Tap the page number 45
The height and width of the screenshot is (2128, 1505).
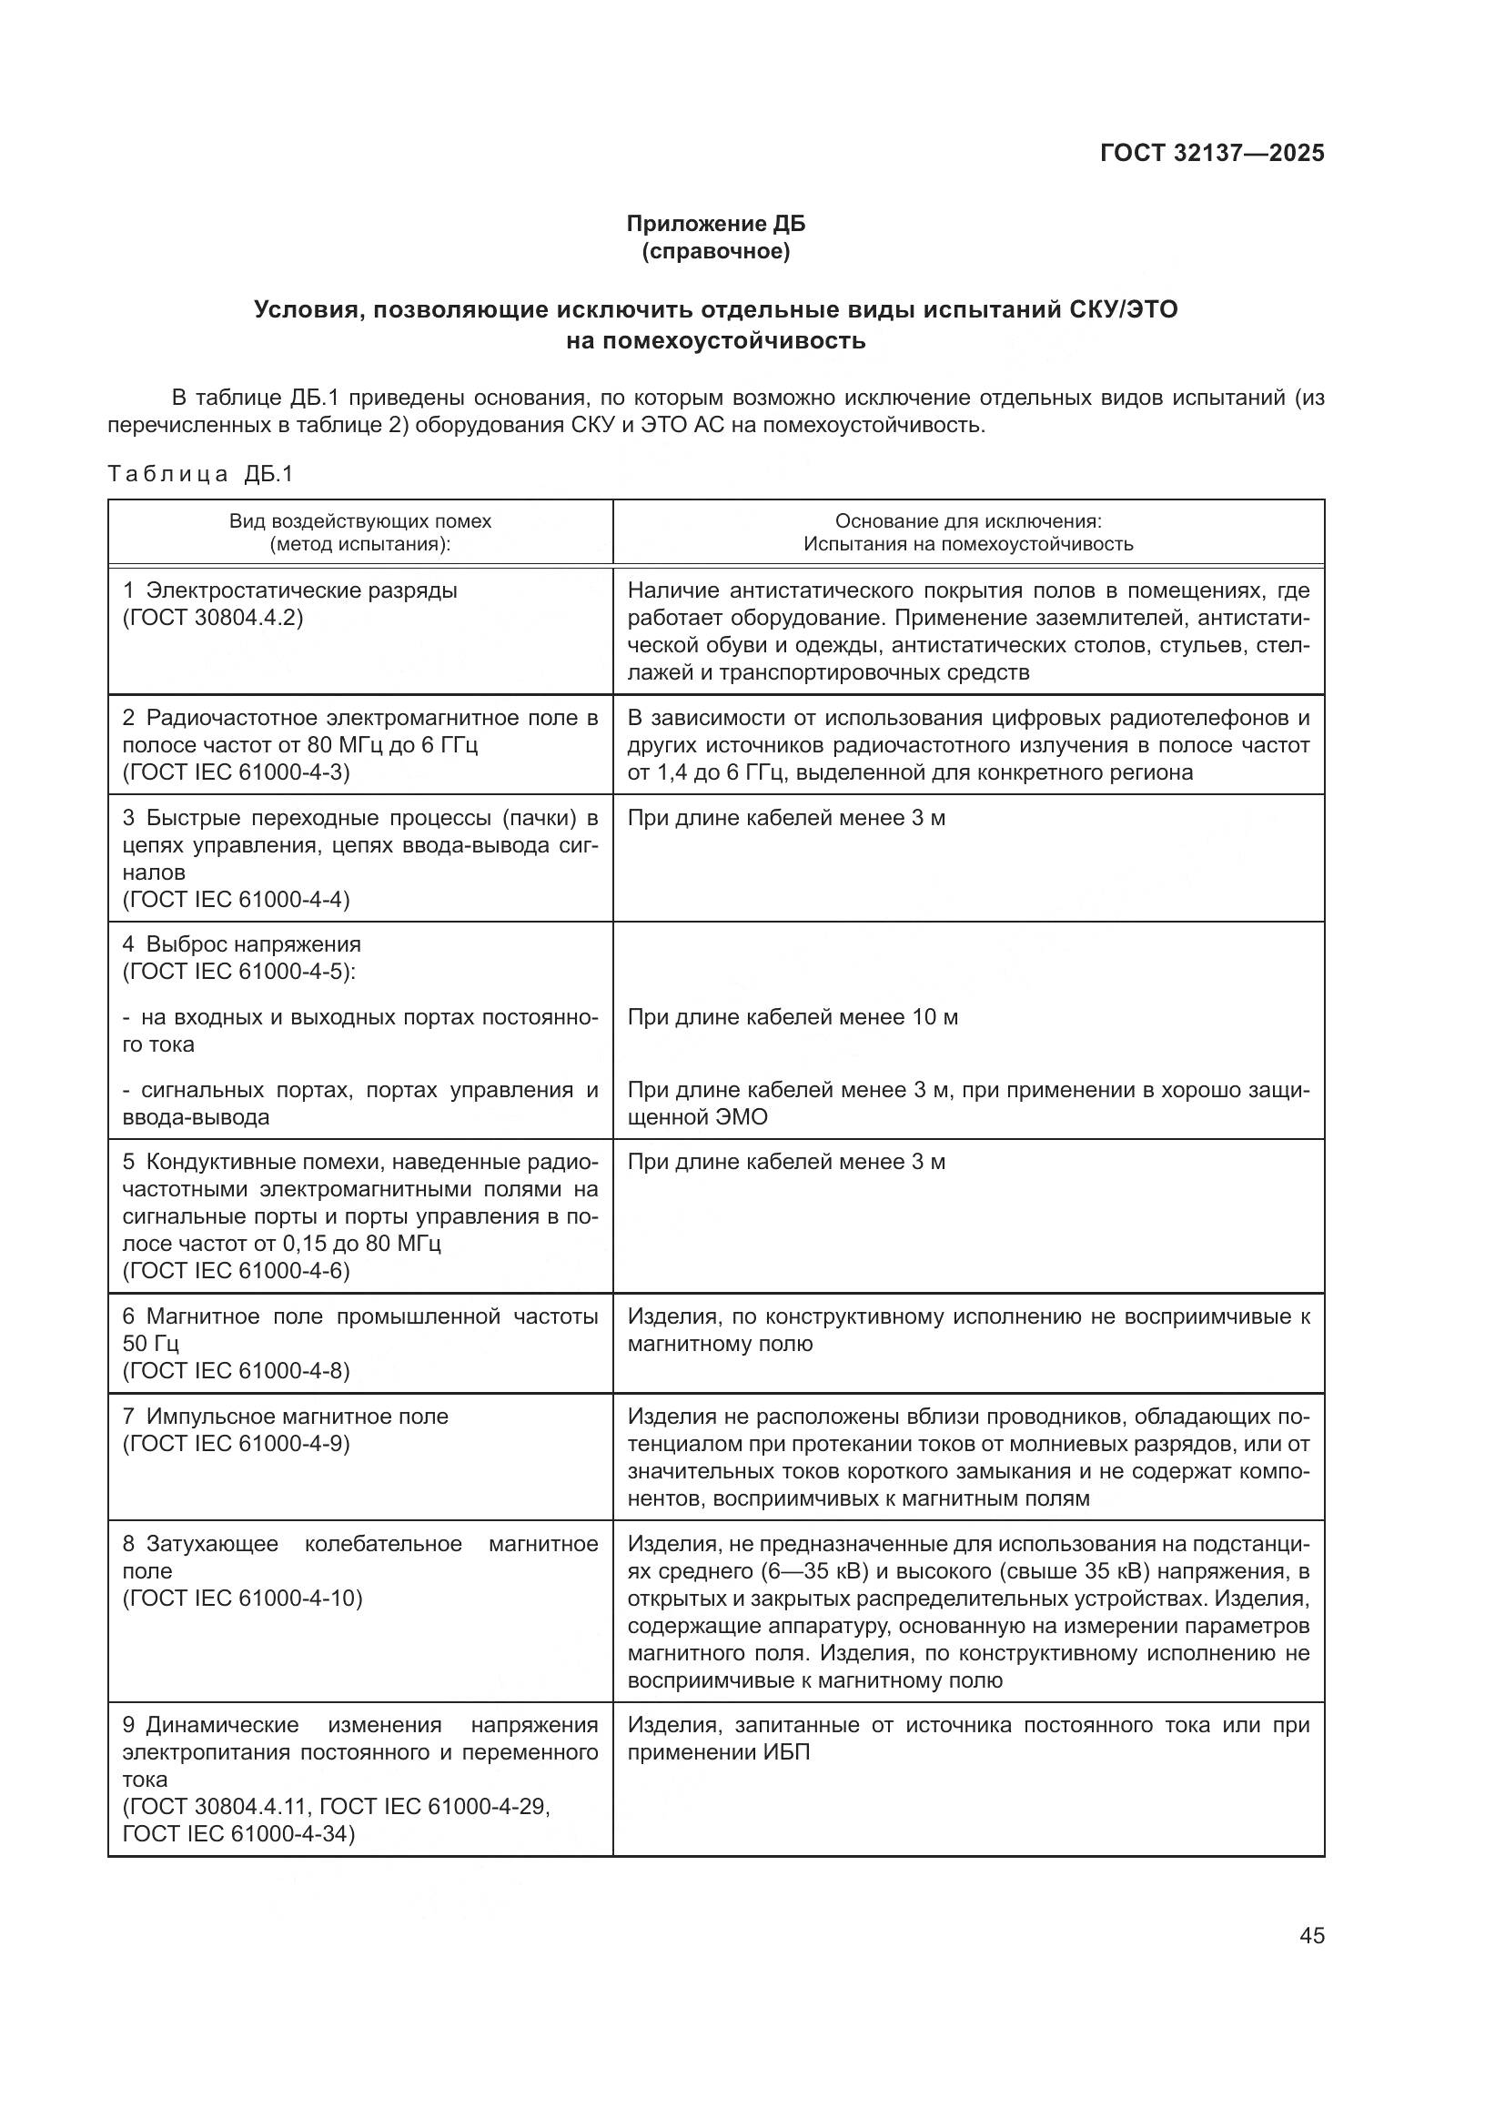point(1311,1935)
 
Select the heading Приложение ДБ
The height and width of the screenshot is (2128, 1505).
point(715,224)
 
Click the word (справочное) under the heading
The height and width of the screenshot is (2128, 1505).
point(715,251)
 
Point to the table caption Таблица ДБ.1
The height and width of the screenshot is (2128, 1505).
point(200,475)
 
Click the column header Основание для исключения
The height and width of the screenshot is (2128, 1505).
point(967,521)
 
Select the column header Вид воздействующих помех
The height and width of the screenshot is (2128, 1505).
point(359,521)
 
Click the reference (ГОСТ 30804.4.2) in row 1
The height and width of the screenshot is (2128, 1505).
point(212,617)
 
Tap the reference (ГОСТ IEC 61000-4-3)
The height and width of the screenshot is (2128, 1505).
point(237,772)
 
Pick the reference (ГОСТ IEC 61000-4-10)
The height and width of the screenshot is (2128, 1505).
point(242,1598)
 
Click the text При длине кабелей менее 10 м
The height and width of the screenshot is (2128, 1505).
point(793,1017)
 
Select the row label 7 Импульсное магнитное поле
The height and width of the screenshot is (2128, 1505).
point(286,1417)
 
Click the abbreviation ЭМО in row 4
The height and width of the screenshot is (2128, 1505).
point(742,1117)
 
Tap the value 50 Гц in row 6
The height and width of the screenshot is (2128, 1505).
point(150,1343)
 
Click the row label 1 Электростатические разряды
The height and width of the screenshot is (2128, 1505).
point(290,590)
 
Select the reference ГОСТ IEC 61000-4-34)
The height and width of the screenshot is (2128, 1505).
point(238,1833)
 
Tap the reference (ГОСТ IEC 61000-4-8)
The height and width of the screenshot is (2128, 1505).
point(237,1370)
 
